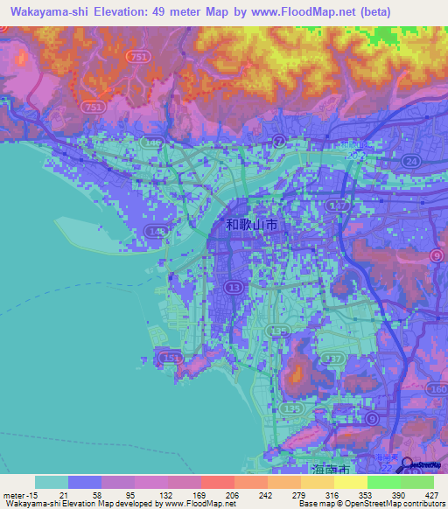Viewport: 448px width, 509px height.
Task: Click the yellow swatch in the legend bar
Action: [x=351, y=482]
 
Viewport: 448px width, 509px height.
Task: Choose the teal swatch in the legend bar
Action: [x=52, y=482]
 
